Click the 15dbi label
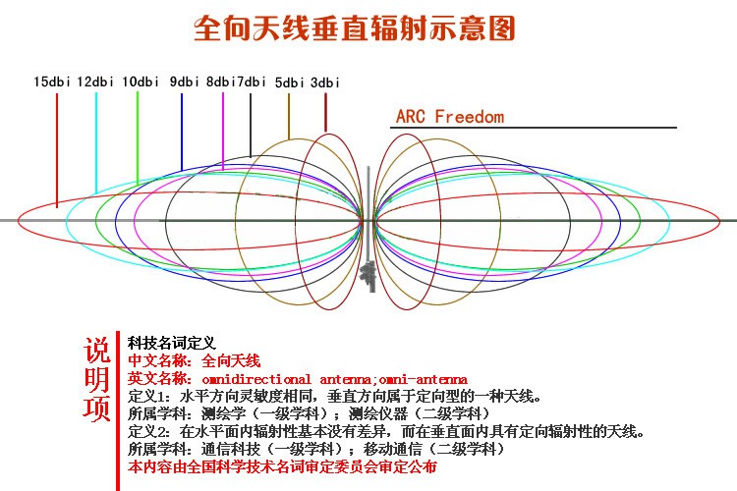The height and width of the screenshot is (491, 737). [x=51, y=82]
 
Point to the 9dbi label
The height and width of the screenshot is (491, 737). [x=184, y=82]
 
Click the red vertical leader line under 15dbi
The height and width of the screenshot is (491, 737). [x=57, y=147]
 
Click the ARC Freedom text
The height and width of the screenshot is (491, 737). [x=449, y=117]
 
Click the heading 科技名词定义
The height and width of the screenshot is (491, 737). [x=172, y=343]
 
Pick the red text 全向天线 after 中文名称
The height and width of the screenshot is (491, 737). [x=231, y=360]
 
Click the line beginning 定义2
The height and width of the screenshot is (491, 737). [x=383, y=431]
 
